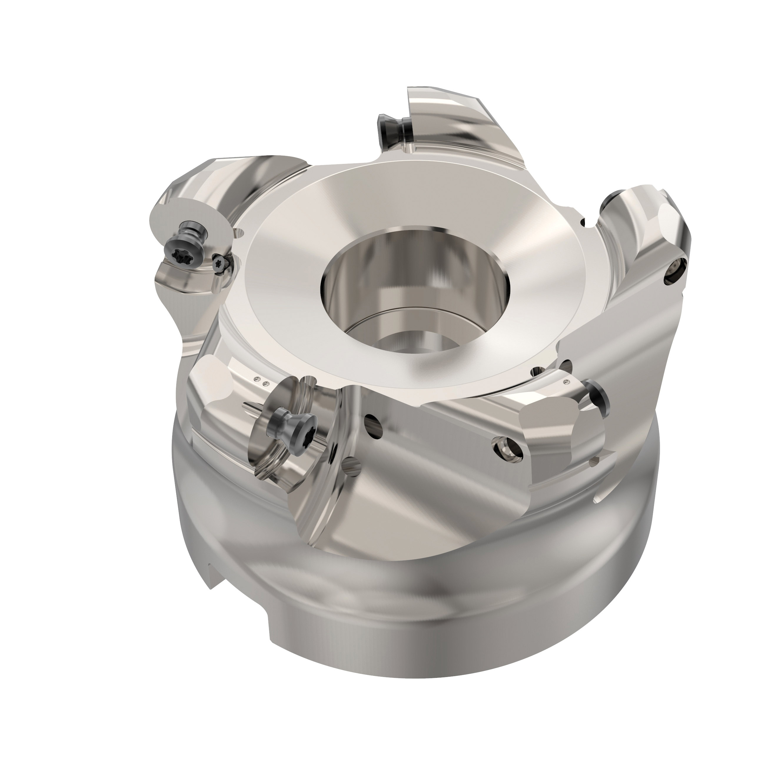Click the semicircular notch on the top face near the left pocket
click(x=239, y=234)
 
